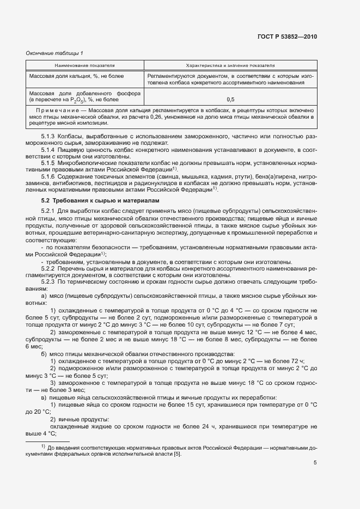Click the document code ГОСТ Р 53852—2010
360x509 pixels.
286,36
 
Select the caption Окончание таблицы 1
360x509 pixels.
54,53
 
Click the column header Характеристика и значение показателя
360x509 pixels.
230,64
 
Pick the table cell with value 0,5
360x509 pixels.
230,100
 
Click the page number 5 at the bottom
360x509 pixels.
315,463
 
